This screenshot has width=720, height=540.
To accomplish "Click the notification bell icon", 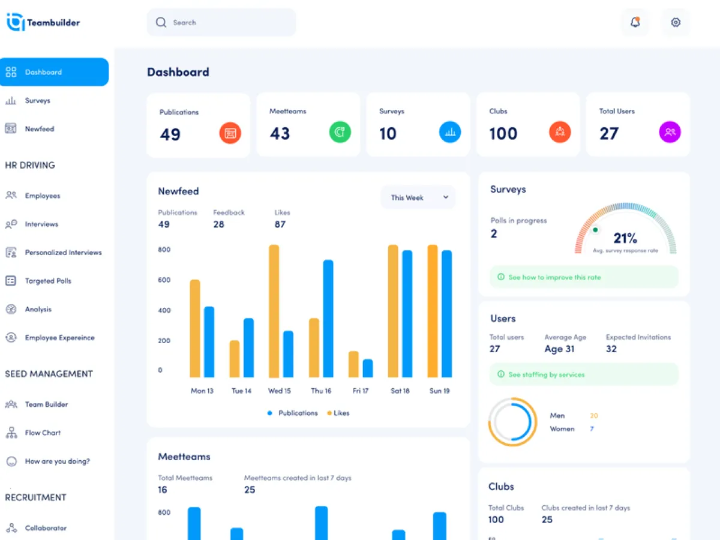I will (x=635, y=23).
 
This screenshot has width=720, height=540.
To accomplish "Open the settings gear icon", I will (x=676, y=23).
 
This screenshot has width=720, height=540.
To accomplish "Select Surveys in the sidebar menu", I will (x=37, y=101).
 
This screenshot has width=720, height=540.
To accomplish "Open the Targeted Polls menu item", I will (x=48, y=281).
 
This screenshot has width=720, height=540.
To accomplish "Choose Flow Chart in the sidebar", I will (x=43, y=433).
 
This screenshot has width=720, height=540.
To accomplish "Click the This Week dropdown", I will (x=418, y=197).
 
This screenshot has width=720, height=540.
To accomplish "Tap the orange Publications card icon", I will (x=230, y=133).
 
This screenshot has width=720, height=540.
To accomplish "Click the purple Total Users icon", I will (x=670, y=132).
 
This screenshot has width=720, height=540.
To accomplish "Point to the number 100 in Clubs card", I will (x=503, y=133).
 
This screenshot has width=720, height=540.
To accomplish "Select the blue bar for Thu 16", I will (x=328, y=318).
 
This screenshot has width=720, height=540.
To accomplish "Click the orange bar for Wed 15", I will (x=274, y=311).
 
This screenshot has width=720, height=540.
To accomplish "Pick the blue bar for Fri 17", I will (x=368, y=368).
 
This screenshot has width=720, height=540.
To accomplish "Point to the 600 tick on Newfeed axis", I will (x=164, y=280).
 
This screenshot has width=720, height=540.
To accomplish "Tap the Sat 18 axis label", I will (x=400, y=391).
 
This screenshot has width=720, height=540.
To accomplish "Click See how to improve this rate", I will (x=554, y=277).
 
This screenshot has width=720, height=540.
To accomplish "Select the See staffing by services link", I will (x=546, y=374).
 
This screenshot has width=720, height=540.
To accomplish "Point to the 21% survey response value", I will (x=625, y=238).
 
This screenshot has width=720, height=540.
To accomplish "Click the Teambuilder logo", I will (x=43, y=23).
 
